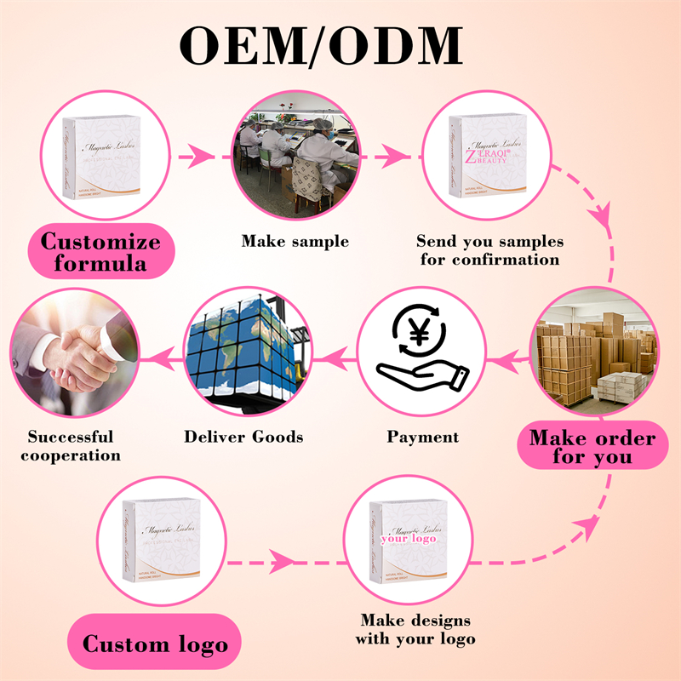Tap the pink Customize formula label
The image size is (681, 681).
100,252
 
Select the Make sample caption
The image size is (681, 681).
295,242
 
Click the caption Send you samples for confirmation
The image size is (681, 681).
489,250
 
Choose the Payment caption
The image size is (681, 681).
422,438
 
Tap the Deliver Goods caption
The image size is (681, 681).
243,438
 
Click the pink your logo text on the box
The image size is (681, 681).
408,539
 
